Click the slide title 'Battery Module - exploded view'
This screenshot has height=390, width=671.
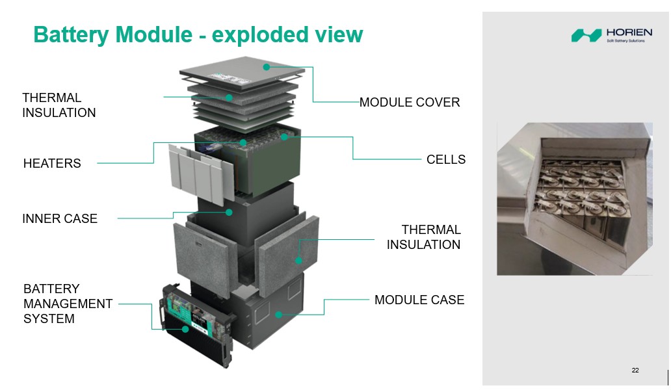pyautogui.click(x=198, y=34)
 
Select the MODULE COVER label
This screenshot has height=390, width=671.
pyautogui.click(x=410, y=102)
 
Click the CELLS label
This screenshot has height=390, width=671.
pyautogui.click(x=446, y=159)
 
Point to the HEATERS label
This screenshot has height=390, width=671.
pyautogui.click(x=52, y=164)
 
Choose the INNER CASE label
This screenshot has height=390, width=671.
pyautogui.click(x=60, y=219)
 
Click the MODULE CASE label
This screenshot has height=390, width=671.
pyautogui.click(x=419, y=300)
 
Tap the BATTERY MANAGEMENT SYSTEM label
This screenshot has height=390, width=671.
pyautogui.click(x=68, y=304)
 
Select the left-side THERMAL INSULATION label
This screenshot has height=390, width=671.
pyautogui.click(x=59, y=105)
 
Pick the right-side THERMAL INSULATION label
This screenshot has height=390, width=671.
pyautogui.click(x=424, y=237)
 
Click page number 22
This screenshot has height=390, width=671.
pyautogui.click(x=635, y=370)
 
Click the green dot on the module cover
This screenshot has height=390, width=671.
pyautogui.click(x=266, y=66)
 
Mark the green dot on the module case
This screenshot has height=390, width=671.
pyautogui.click(x=278, y=315)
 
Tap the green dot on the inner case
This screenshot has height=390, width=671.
pyautogui.click(x=229, y=212)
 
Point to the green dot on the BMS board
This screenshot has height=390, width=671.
pyautogui.click(x=185, y=329)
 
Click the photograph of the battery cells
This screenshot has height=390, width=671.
pyautogui.click(x=573, y=198)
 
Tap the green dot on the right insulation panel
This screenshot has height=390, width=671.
pyautogui.click(x=299, y=261)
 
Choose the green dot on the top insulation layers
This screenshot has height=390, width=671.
pyautogui.click(x=229, y=97)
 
